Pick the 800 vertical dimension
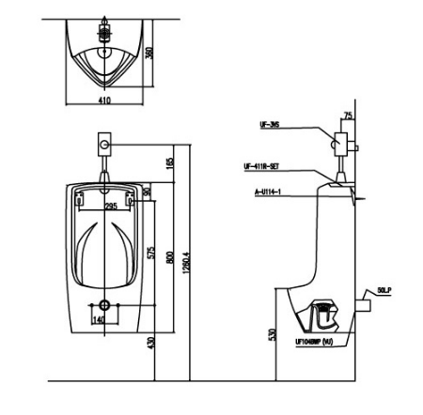pyautogui.click(x=169, y=255)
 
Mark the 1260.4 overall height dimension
pyautogui.click(x=187, y=255)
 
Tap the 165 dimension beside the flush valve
pyautogui.click(x=169, y=162)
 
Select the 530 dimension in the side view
pyautogui.click(x=273, y=335)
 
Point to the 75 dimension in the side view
pyautogui.click(x=349, y=116)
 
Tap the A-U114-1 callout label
pyautogui.click(x=267, y=192)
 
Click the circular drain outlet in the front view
pyautogui.click(x=105, y=305)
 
